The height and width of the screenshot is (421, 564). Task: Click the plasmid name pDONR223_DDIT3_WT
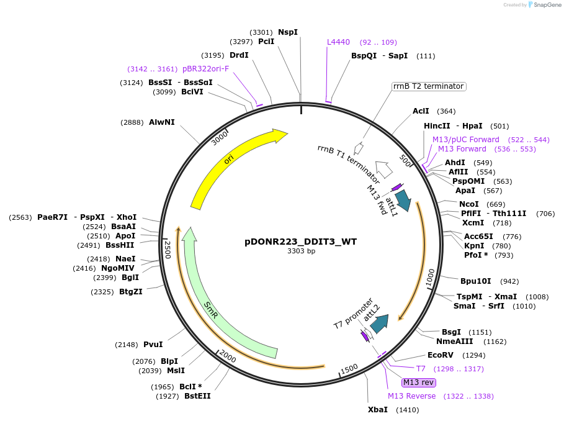point(300,242)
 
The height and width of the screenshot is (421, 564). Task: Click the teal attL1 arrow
point(403,199)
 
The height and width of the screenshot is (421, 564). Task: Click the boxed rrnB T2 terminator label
point(428,86)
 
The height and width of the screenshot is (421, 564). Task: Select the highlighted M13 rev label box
point(418,383)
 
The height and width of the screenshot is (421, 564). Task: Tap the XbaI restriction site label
point(377,410)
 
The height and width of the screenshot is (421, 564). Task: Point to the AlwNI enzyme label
point(161,122)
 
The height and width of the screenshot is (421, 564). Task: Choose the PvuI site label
point(153,345)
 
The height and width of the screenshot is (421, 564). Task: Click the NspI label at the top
point(287,32)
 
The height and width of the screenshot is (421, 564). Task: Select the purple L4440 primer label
point(339,42)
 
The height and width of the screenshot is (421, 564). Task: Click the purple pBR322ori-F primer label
point(205,69)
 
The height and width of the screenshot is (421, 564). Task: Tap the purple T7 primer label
point(421,369)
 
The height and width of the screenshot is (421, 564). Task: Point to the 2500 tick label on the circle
point(167,251)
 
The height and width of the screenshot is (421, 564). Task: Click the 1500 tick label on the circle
point(349,369)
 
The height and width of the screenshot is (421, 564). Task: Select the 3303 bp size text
point(301,251)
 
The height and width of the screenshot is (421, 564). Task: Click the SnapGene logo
point(544,5)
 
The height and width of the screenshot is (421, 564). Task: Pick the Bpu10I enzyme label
point(475,281)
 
